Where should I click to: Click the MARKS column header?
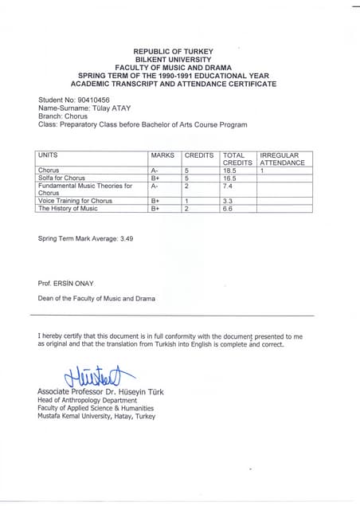tap(162, 155)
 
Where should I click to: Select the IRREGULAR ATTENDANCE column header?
tap(282, 158)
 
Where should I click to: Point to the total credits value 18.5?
tap(232, 171)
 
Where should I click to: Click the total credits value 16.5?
tap(232, 178)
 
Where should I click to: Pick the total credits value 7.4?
tap(229, 186)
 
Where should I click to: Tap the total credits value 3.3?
tap(228, 201)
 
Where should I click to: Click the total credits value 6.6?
tap(229, 208)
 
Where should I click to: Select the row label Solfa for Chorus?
tap(61, 178)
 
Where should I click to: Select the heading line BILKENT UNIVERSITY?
tap(173, 59)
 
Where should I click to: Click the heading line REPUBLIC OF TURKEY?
tap(173, 51)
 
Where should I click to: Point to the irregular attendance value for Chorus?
tap(262, 171)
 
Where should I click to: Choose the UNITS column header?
tap(48, 155)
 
